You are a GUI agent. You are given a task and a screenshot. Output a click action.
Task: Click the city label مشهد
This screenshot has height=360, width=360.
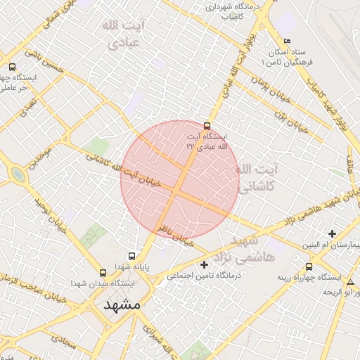pyautogui.click(x=122, y=305)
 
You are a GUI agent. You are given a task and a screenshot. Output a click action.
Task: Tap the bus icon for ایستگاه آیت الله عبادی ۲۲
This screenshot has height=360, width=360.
pyautogui.click(x=205, y=120)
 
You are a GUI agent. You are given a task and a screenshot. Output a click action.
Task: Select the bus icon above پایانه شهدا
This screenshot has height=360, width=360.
pyautogui.click(x=131, y=257)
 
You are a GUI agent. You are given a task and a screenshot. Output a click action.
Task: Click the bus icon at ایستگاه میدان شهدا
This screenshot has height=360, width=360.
pyautogui.click(x=103, y=272)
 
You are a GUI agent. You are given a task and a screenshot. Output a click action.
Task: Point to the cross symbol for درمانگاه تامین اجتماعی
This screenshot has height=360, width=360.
pyautogui.click(x=205, y=265)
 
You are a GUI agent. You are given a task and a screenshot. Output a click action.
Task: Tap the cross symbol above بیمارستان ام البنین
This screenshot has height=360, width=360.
pyautogui.click(x=332, y=233)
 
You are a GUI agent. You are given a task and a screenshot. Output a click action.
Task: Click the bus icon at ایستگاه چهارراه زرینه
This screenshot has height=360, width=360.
pyautogui.click(x=309, y=267)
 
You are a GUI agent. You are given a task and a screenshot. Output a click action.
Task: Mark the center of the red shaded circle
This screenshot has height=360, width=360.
pyautogui.click(x=180, y=179)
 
